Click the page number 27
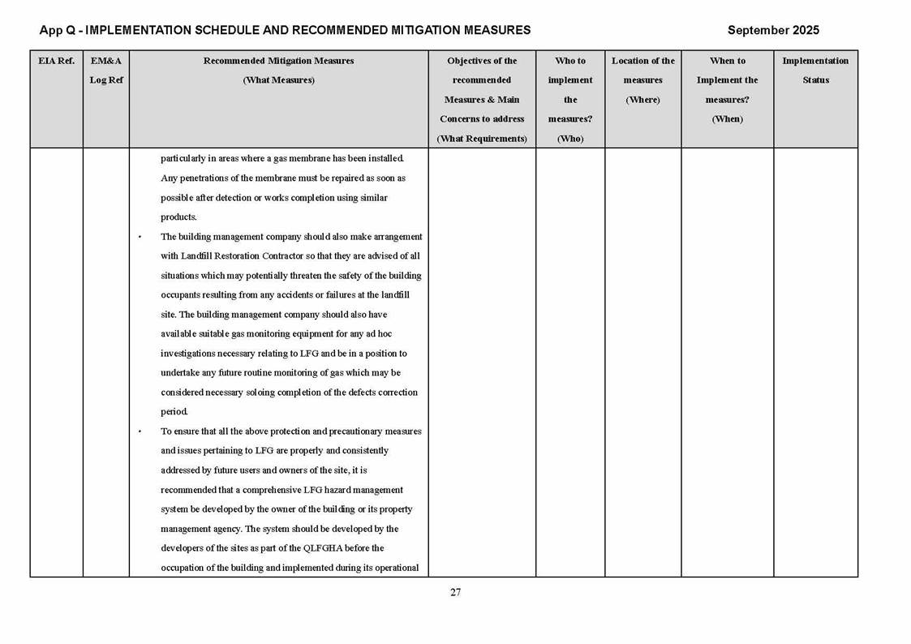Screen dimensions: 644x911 (455, 592)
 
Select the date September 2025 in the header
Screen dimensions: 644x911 (773, 30)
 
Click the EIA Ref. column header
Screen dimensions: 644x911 (56, 61)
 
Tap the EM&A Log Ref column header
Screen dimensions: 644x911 (106, 71)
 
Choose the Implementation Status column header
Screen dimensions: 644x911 (815, 71)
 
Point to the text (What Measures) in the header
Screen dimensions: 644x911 (278, 80)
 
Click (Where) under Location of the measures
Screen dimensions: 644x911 (642, 100)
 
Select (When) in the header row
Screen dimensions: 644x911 (727, 119)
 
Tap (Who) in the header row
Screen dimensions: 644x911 (570, 139)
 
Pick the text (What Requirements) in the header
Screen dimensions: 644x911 (482, 139)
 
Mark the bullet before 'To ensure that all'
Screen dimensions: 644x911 (140, 431)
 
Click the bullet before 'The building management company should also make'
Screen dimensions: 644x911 (140, 237)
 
